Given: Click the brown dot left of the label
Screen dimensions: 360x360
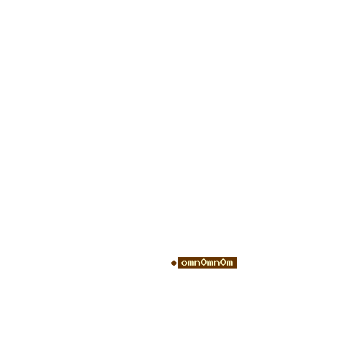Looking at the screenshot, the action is [174, 263].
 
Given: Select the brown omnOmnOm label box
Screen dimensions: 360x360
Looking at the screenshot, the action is [207, 263].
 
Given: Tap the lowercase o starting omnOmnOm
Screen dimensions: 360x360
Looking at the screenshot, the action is [184, 263].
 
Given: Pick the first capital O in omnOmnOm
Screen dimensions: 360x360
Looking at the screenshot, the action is [204, 262].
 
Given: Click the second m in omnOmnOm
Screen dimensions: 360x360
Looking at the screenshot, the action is [210, 263].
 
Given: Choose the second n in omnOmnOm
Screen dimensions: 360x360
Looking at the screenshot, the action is [217, 263].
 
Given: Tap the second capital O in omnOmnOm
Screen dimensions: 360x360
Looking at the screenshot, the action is [223, 262].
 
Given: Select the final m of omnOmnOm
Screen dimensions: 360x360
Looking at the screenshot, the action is [230, 263].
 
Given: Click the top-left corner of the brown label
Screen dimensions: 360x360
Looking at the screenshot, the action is [178, 257].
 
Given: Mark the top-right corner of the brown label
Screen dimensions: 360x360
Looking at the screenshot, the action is [237, 257].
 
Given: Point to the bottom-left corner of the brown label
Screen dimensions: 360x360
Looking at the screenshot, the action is [178, 269].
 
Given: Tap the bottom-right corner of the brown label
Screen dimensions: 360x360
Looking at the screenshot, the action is [237, 269].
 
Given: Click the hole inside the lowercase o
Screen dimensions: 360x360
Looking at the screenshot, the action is [184, 263].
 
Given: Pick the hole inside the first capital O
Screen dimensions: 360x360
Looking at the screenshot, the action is [204, 262].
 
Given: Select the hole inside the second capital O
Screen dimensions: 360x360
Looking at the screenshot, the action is [223, 262].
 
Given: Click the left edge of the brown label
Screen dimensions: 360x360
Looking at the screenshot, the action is [178, 263].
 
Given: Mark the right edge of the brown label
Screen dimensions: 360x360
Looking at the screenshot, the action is [237, 263].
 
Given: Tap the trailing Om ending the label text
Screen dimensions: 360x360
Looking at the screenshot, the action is [227, 262].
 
